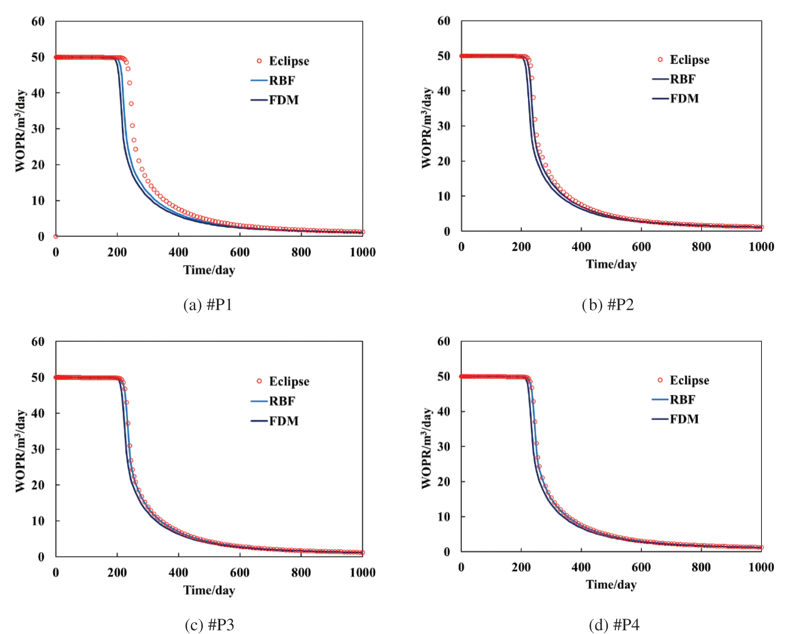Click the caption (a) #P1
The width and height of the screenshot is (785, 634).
tap(208, 305)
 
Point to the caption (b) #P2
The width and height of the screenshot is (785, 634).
tap(608, 305)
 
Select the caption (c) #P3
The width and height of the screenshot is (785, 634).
tap(209, 624)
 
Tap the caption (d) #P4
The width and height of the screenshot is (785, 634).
tap(614, 624)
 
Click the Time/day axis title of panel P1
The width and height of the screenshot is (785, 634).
tap(209, 270)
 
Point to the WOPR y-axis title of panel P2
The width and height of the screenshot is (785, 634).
tap(426, 128)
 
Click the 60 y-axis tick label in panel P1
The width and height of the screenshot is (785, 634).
tap(38, 22)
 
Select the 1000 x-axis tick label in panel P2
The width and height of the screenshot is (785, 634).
tap(761, 247)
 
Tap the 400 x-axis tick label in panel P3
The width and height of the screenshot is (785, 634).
tap(178, 573)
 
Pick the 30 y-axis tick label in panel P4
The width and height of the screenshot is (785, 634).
tap(444, 447)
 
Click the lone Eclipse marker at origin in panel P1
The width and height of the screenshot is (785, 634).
tap(56, 236)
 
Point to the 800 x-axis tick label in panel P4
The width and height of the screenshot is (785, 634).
tap(701, 567)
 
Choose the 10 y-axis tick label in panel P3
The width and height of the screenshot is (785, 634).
tap(38, 521)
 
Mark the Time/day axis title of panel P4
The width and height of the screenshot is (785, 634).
tap(611, 584)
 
